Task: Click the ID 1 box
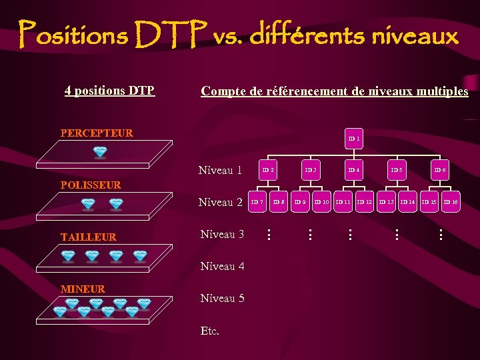(354, 139)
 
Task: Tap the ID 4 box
(354, 170)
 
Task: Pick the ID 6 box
(440, 170)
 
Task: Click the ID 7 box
(257, 201)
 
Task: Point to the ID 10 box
(322, 201)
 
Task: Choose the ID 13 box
(387, 201)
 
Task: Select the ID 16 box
(451, 201)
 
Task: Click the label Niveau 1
(220, 171)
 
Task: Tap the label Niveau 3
(222, 235)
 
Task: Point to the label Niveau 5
(222, 298)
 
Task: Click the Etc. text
(209, 331)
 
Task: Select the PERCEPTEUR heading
(97, 133)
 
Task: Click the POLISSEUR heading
(91, 185)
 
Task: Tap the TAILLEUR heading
(88, 237)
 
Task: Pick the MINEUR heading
(83, 289)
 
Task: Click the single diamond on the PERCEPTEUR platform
(100, 152)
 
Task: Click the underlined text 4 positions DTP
(109, 90)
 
